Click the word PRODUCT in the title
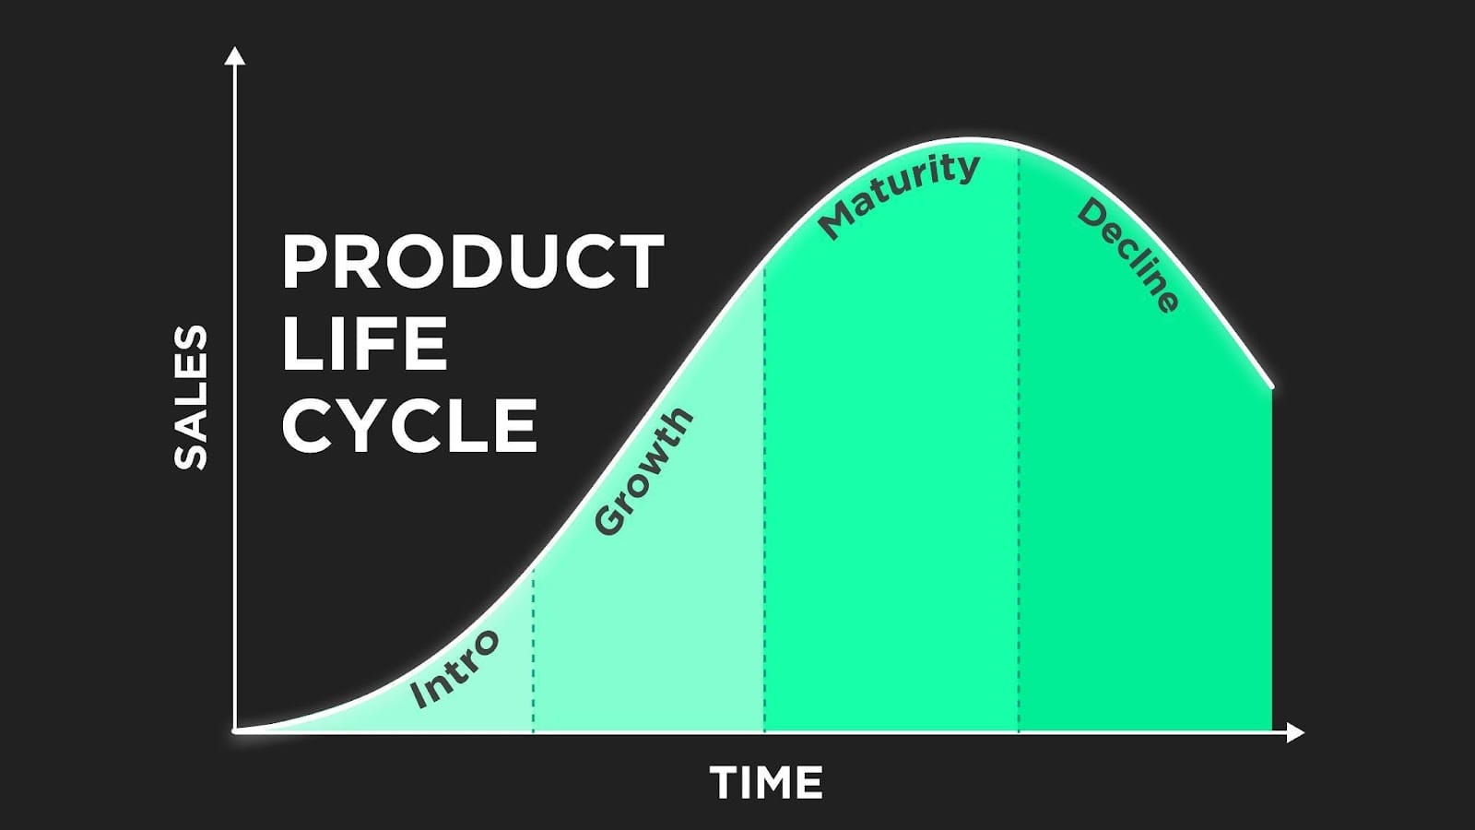[x=473, y=262]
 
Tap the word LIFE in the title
[x=365, y=343]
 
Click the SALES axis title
[x=191, y=397]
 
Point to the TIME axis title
[x=766, y=783]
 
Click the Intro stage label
[x=454, y=669]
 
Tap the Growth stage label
[x=643, y=470]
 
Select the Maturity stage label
[x=898, y=195]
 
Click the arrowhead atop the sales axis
[x=234, y=55]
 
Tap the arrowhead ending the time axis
[x=1294, y=732]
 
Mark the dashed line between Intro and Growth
[x=533, y=649]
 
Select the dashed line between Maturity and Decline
[x=1018, y=440]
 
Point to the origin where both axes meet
[x=235, y=730]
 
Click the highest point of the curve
[x=969, y=139]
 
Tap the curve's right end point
[x=1271, y=386]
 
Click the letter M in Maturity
[x=835, y=221]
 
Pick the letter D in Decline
[x=1091, y=213]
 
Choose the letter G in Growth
[x=609, y=519]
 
